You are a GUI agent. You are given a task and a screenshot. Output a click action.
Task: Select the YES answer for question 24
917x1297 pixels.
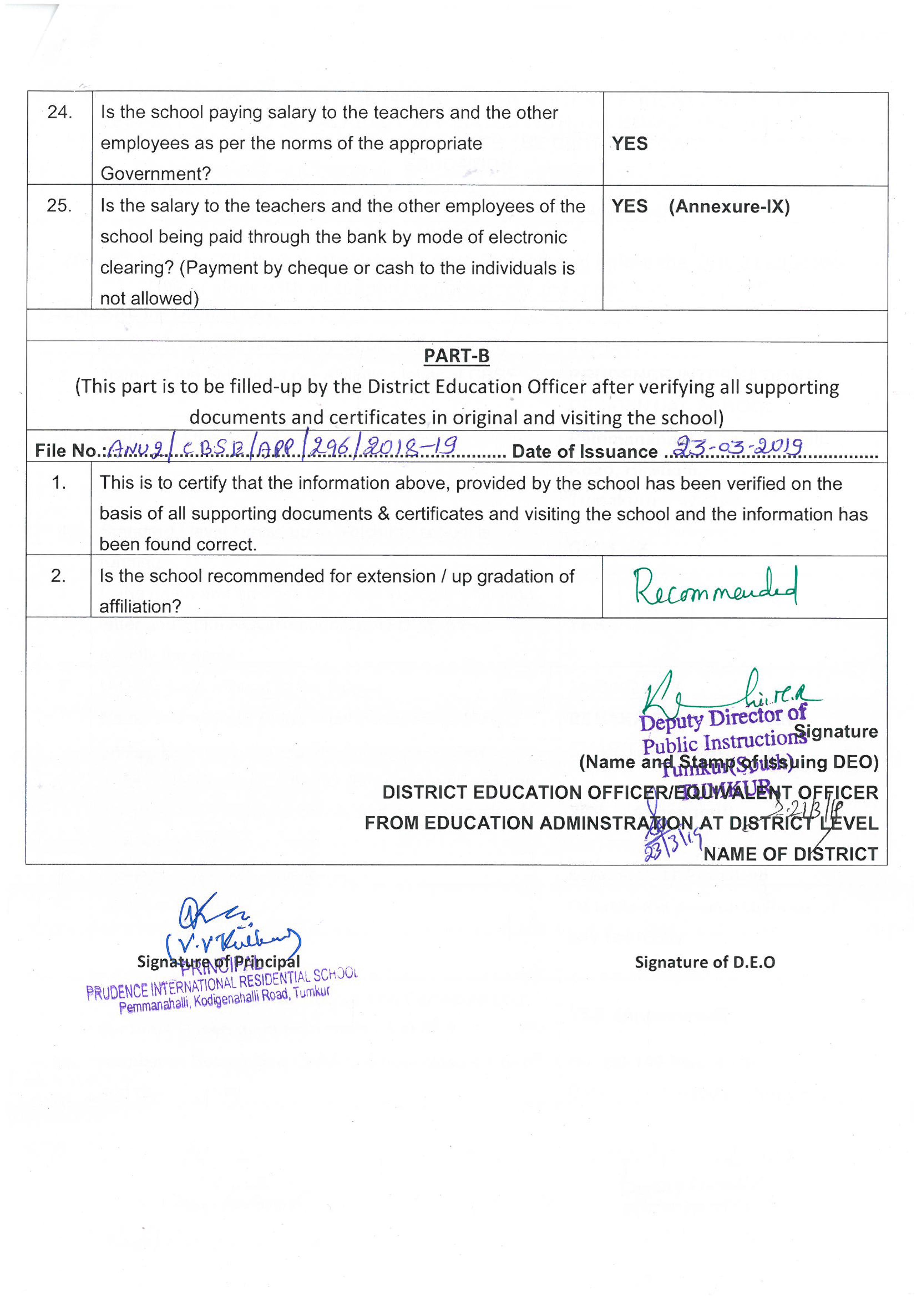coord(630,144)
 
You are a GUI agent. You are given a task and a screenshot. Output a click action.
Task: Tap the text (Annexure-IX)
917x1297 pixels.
coord(729,207)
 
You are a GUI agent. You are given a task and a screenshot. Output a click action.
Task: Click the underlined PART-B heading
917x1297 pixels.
coord(456,356)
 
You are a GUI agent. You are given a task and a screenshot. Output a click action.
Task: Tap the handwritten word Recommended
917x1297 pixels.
coord(715,587)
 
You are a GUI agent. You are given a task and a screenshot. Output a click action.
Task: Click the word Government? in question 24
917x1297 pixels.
coord(155,174)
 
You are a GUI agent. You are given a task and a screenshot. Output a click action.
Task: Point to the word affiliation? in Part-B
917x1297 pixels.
coord(140,606)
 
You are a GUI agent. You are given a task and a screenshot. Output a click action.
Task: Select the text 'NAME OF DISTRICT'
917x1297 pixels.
coord(790,854)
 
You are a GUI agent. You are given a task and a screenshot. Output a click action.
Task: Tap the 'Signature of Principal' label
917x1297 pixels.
coord(218,961)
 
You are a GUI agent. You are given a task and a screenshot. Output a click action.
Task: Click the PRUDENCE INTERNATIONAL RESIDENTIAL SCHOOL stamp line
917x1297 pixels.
coord(222,984)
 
